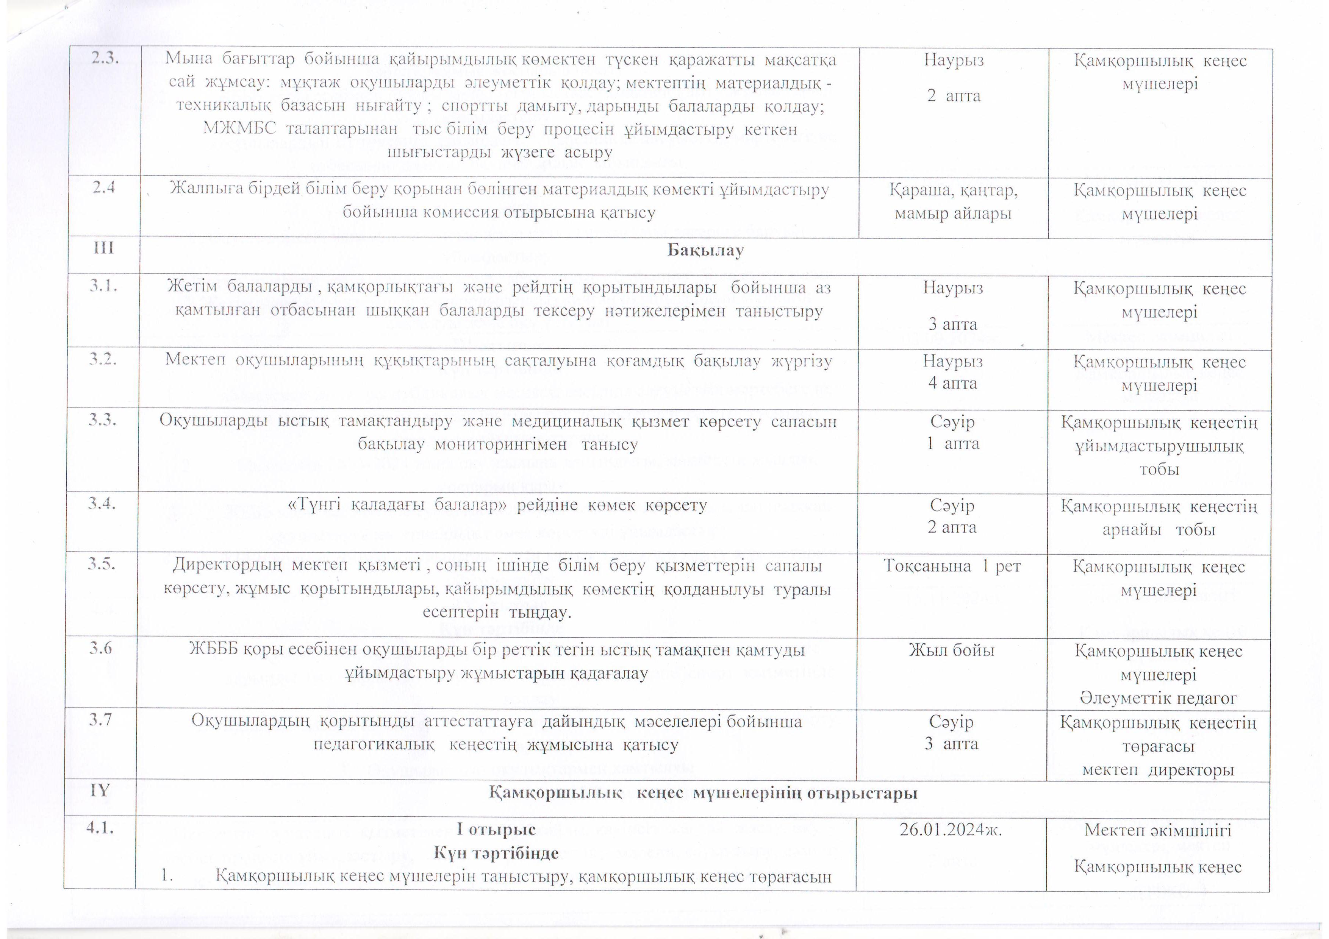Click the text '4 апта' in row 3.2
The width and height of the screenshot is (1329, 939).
(x=952, y=383)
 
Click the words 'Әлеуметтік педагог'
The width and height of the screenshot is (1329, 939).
(x=1158, y=698)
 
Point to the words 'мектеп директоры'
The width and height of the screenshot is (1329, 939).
(x=1158, y=770)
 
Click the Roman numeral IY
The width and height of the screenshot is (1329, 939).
(x=100, y=790)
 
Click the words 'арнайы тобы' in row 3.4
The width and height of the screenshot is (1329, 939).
(x=1158, y=529)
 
